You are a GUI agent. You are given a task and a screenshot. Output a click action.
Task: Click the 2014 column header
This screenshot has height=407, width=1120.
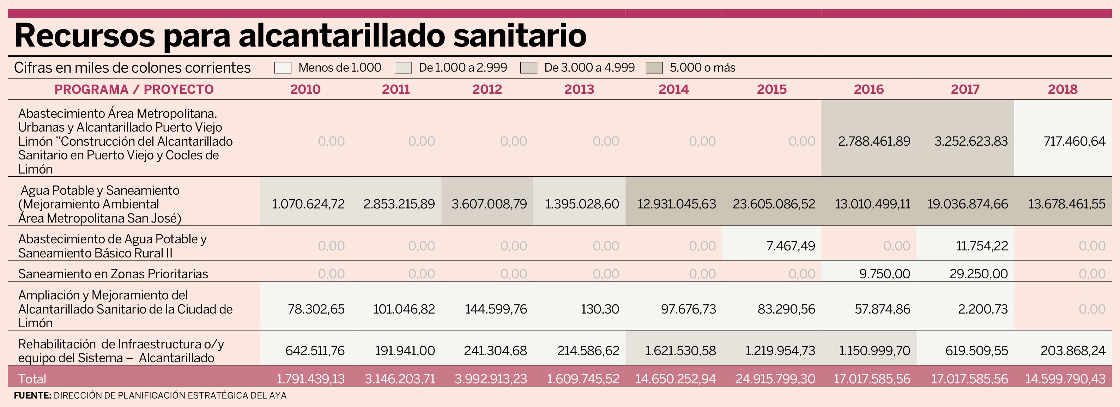click(673, 90)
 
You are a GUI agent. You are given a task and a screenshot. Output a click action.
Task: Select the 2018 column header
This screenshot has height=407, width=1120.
click(1063, 90)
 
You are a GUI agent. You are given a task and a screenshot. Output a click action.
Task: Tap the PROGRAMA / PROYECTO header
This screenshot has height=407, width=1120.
click(134, 90)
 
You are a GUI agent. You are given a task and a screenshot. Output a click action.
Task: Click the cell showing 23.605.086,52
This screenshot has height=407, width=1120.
click(774, 204)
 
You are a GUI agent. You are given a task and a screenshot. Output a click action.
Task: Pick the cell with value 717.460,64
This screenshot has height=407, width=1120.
click(1074, 141)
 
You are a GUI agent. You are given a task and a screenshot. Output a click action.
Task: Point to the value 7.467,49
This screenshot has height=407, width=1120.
click(791, 246)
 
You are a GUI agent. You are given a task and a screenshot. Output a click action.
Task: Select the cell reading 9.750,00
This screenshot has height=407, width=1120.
click(884, 274)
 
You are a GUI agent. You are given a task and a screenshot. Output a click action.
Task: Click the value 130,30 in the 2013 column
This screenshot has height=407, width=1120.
click(600, 309)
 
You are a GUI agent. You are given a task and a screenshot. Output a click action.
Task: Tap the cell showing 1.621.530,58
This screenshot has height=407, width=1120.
click(680, 351)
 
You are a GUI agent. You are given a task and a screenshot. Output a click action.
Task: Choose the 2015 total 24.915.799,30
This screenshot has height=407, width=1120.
click(775, 379)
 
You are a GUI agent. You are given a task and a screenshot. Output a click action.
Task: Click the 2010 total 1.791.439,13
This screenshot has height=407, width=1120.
click(310, 379)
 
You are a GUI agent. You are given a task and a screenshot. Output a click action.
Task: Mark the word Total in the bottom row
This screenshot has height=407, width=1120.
click(32, 379)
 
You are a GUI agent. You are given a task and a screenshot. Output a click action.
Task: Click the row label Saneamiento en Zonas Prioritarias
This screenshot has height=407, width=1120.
click(113, 274)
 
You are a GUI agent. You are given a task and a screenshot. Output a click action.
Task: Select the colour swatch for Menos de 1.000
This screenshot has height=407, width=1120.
click(283, 68)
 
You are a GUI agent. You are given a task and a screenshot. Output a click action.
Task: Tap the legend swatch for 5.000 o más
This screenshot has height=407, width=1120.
click(654, 68)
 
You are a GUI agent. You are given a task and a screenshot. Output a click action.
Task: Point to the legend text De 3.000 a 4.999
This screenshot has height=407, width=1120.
click(589, 68)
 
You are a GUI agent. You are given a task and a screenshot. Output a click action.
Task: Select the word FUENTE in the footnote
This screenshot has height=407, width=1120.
click(32, 396)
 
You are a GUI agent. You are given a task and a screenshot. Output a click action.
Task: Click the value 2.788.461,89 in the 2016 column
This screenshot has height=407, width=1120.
click(874, 141)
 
